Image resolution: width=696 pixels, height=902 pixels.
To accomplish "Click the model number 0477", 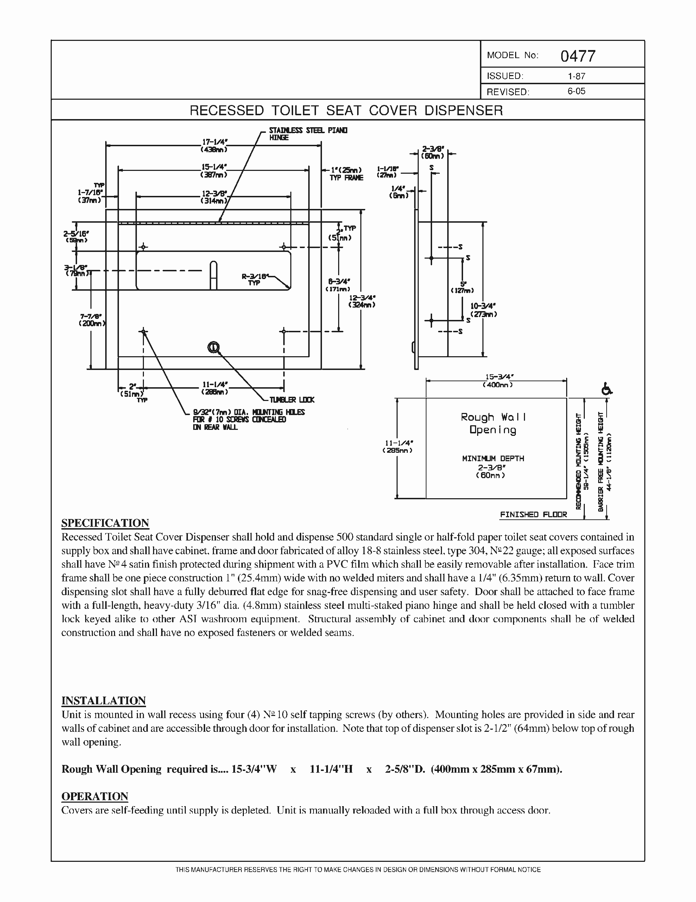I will point(577,56).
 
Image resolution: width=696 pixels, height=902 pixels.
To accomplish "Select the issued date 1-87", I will point(576,76).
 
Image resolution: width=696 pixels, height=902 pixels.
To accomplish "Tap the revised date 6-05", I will point(576,91).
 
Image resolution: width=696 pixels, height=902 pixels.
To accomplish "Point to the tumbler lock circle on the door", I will point(213,347).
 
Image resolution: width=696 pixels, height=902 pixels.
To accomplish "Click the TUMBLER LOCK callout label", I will point(292,400).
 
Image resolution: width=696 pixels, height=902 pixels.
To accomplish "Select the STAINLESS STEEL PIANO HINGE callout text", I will point(308,134).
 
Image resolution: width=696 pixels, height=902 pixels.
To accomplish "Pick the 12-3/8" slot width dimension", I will point(214,197).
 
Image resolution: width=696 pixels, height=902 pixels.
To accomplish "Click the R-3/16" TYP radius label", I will point(254,279).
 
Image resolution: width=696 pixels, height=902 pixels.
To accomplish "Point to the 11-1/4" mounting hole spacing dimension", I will point(214,388).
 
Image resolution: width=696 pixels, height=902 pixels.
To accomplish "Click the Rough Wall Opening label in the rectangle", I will point(493,423).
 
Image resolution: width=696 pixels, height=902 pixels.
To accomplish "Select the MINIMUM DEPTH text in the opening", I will point(493,458).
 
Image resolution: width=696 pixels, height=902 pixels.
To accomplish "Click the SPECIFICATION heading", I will point(105,523).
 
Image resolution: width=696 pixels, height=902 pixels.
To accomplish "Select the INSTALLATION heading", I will point(103,700).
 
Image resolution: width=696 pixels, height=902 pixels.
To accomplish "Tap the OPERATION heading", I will point(95,796).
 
